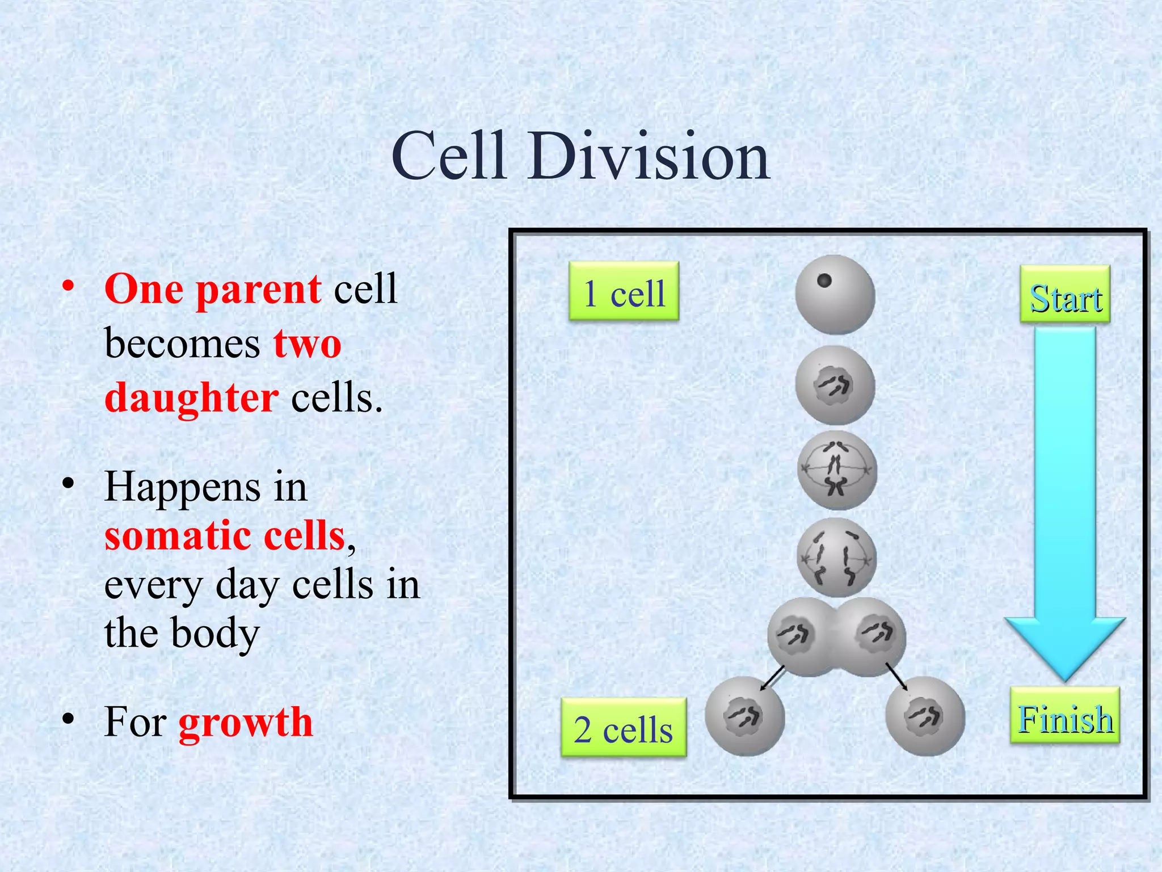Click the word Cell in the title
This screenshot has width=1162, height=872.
448,156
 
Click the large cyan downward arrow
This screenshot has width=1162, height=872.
1064,500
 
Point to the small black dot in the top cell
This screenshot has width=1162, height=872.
824,280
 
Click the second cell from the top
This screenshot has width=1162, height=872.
835,385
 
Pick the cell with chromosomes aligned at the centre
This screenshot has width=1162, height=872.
836,470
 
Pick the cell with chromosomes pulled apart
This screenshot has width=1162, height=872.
836,557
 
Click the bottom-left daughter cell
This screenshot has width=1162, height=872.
744,716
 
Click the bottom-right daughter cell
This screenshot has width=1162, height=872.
925,716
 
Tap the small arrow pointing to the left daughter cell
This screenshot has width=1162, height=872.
773,677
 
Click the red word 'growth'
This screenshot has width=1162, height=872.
245,723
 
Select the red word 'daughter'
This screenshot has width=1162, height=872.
192,397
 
